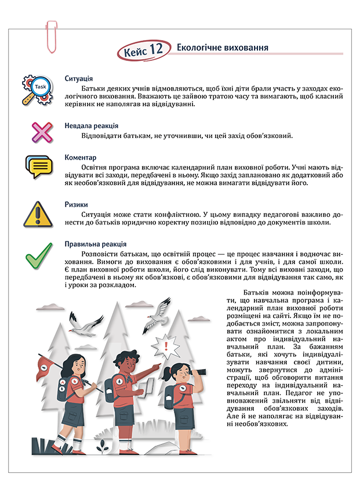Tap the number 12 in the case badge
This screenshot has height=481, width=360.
click(157, 50)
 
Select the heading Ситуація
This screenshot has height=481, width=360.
click(79, 79)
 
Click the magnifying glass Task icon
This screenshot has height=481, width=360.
click(38, 88)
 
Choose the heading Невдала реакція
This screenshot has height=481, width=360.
click(92, 125)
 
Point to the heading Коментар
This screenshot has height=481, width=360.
click(81, 158)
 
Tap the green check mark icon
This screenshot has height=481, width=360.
click(39, 255)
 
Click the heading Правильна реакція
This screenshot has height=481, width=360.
click(96, 244)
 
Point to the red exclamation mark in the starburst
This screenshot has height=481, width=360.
click(166, 347)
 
